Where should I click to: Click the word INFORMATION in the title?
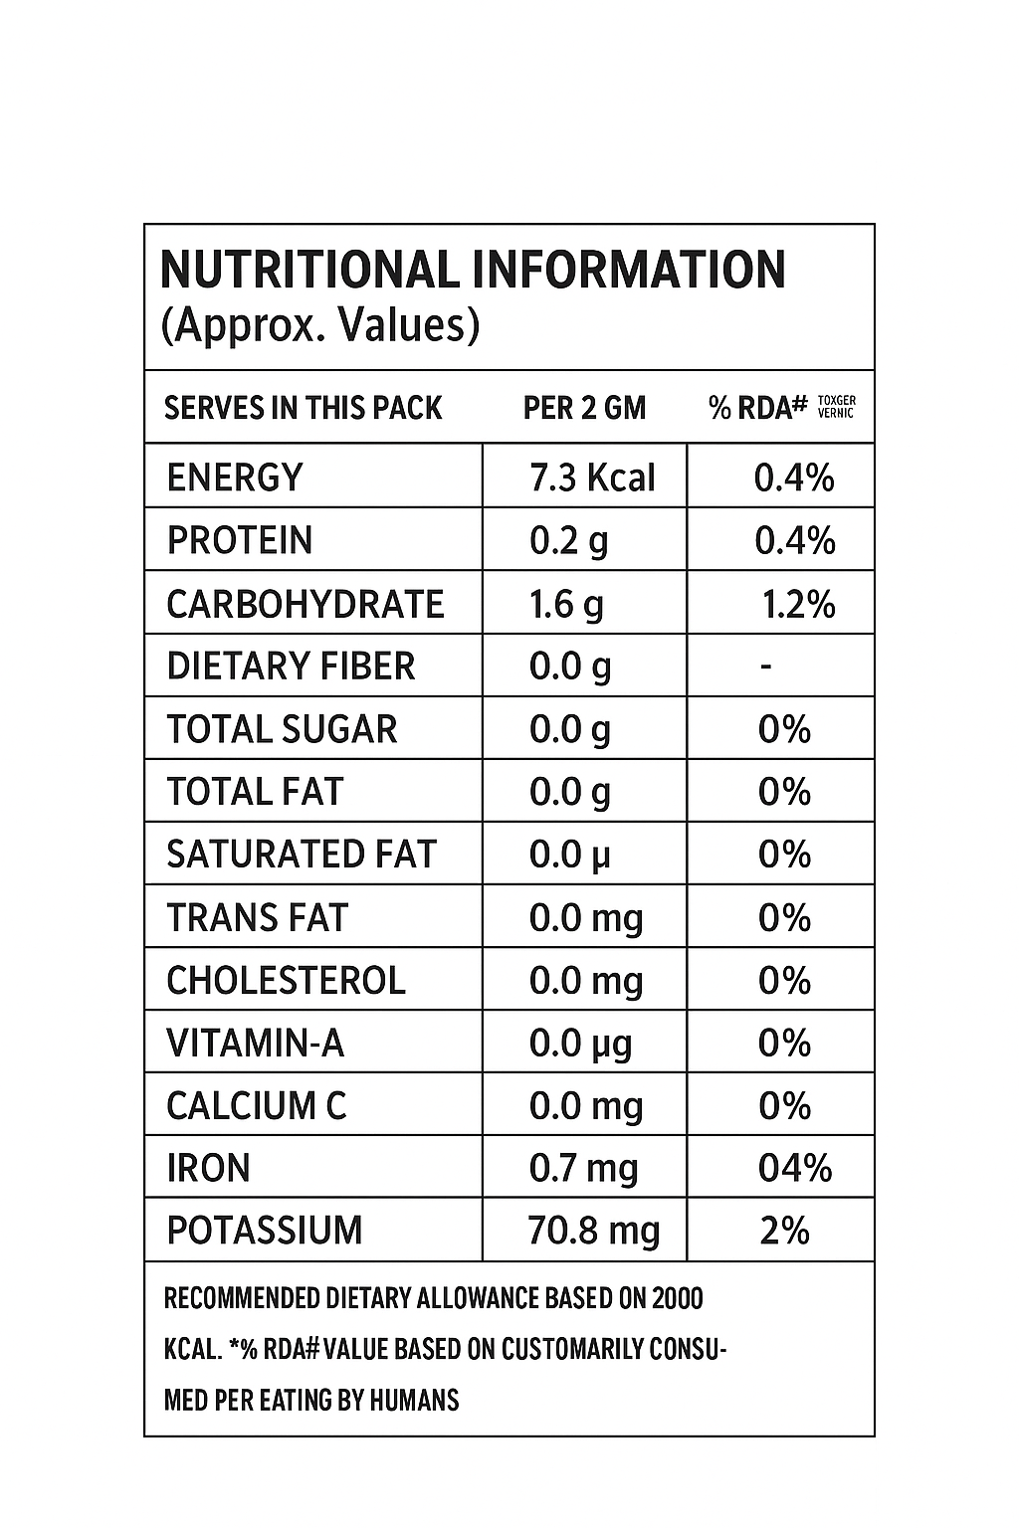(628, 270)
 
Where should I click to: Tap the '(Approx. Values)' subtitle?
(319, 325)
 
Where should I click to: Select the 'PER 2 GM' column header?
(584, 408)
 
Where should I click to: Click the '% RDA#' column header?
(757, 408)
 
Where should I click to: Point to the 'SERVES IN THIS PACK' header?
(303, 408)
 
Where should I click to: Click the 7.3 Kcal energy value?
(592, 478)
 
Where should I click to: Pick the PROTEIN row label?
(240, 540)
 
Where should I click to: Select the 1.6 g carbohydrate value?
(566, 604)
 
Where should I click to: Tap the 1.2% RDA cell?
(798, 604)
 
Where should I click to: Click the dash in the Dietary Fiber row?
(765, 666)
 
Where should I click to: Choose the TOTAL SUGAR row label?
(282, 729)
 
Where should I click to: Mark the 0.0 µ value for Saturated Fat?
(569, 855)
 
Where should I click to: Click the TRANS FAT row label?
(257, 917)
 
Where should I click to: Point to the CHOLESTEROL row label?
(286, 980)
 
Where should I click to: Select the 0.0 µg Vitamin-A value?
(580, 1044)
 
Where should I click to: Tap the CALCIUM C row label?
(256, 1106)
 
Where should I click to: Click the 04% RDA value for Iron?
(794, 1168)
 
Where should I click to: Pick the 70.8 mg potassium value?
(593, 1231)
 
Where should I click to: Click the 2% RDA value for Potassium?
(784, 1231)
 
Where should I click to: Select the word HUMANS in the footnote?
(414, 1401)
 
